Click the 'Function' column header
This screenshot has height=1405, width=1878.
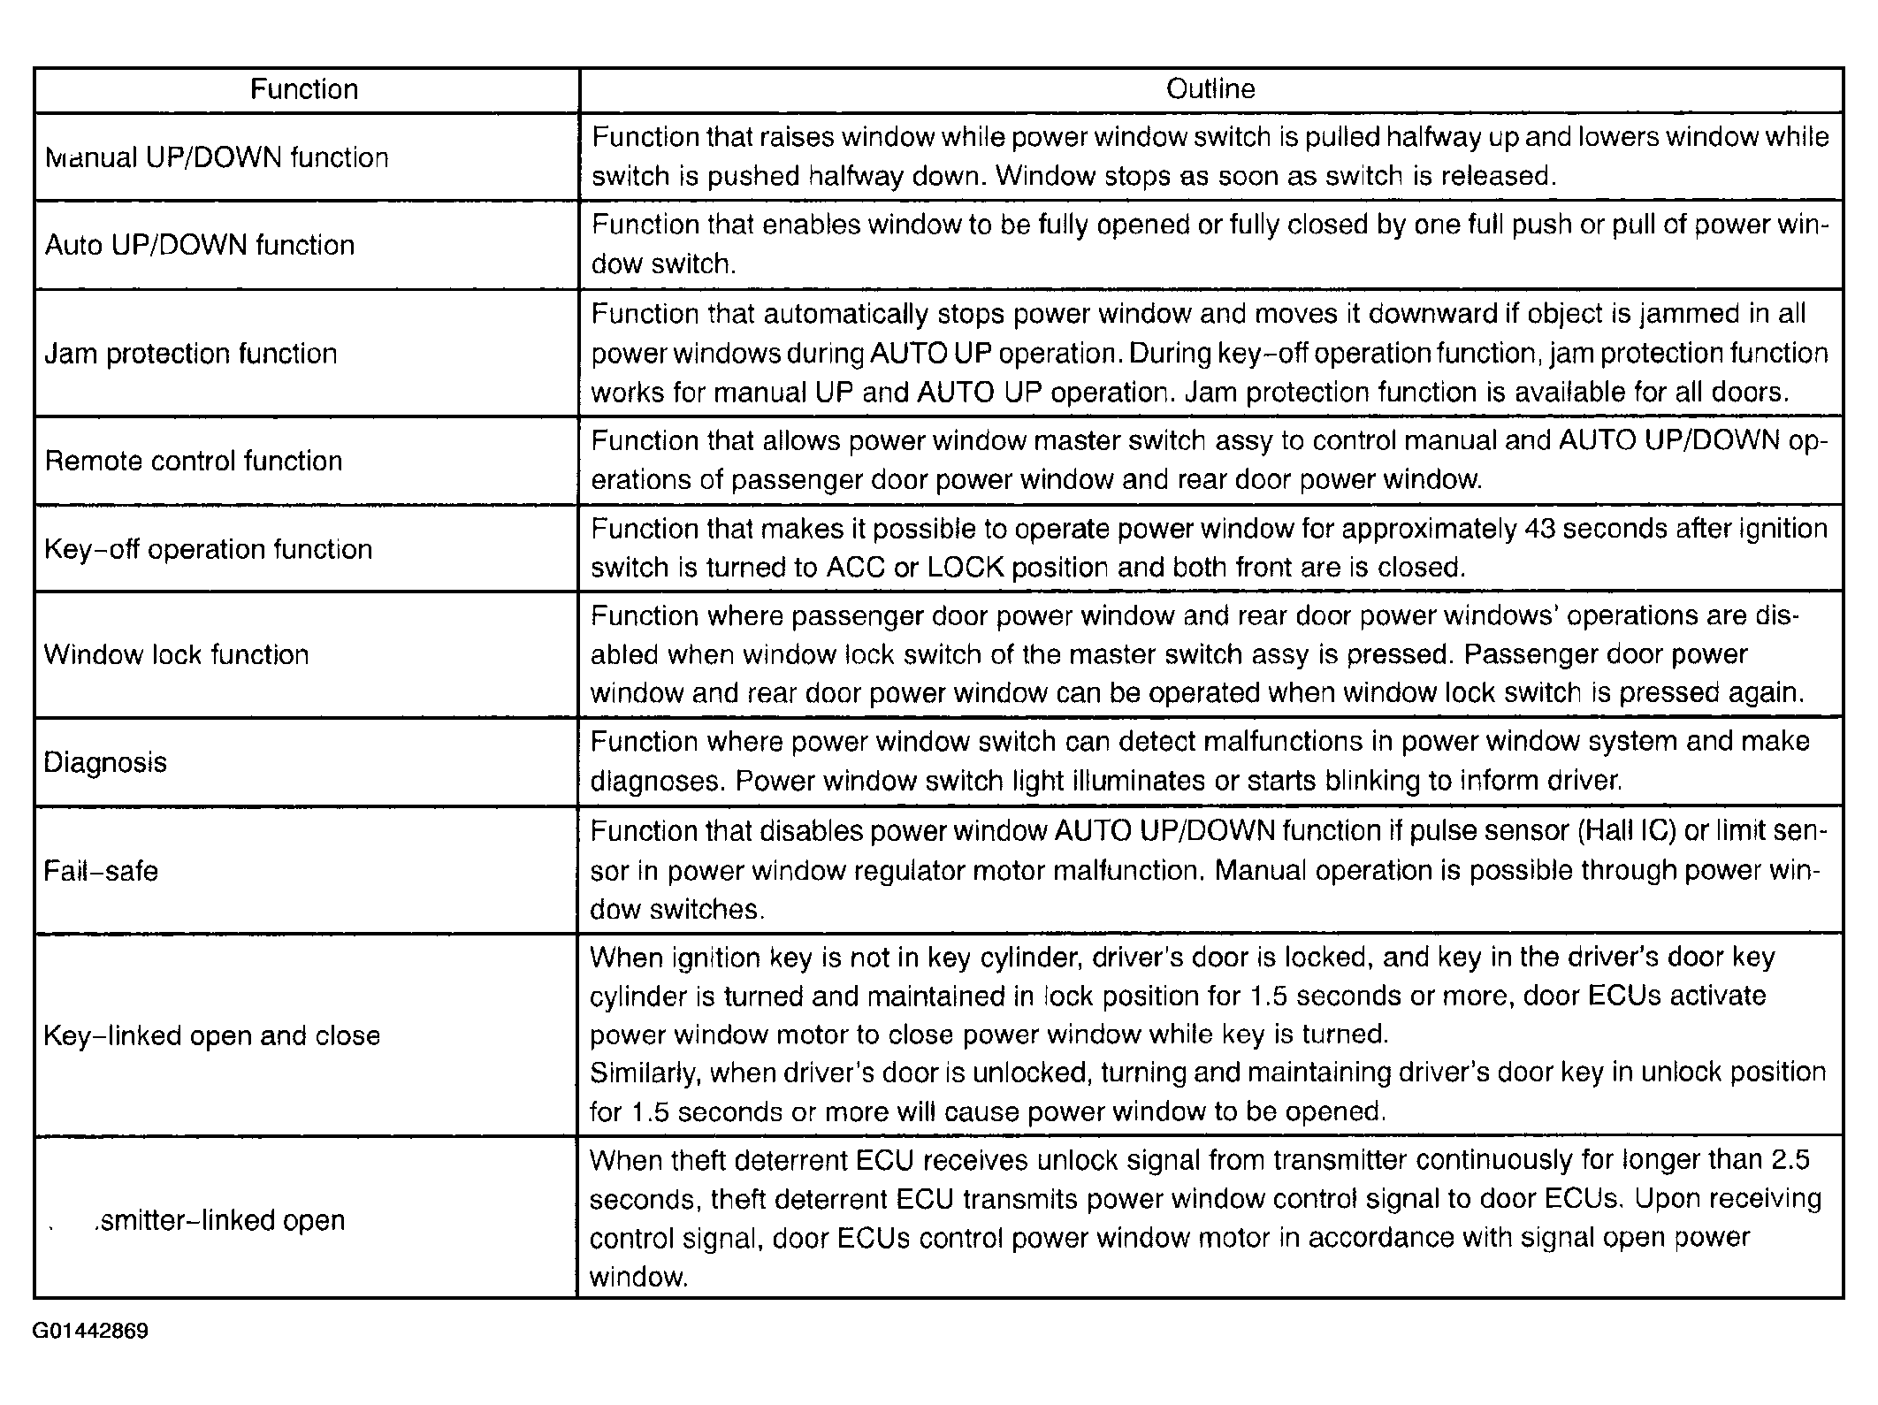pyautogui.click(x=303, y=89)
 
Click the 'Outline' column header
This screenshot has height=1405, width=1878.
pyautogui.click(x=1210, y=89)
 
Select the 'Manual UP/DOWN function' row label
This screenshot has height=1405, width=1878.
pyautogui.click(x=217, y=157)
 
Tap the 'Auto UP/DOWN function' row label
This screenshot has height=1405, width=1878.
pyautogui.click(x=199, y=245)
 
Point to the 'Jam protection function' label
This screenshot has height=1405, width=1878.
pyautogui.click(x=191, y=354)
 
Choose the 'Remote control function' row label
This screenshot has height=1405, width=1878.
pyautogui.click(x=193, y=461)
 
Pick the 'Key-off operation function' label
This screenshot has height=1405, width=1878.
pyautogui.click(x=208, y=549)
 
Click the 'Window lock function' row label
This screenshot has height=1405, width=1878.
pyautogui.click(x=176, y=654)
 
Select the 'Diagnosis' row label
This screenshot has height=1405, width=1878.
pyautogui.click(x=105, y=762)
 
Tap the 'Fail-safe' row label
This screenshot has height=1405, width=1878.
pyautogui.click(x=101, y=871)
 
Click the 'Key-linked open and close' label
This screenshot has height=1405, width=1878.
pyautogui.click(x=211, y=1035)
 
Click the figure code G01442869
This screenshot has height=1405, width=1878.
pyautogui.click(x=90, y=1332)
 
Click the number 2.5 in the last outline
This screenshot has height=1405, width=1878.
pyautogui.click(x=1790, y=1159)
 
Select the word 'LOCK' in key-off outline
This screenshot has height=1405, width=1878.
pyautogui.click(x=965, y=568)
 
